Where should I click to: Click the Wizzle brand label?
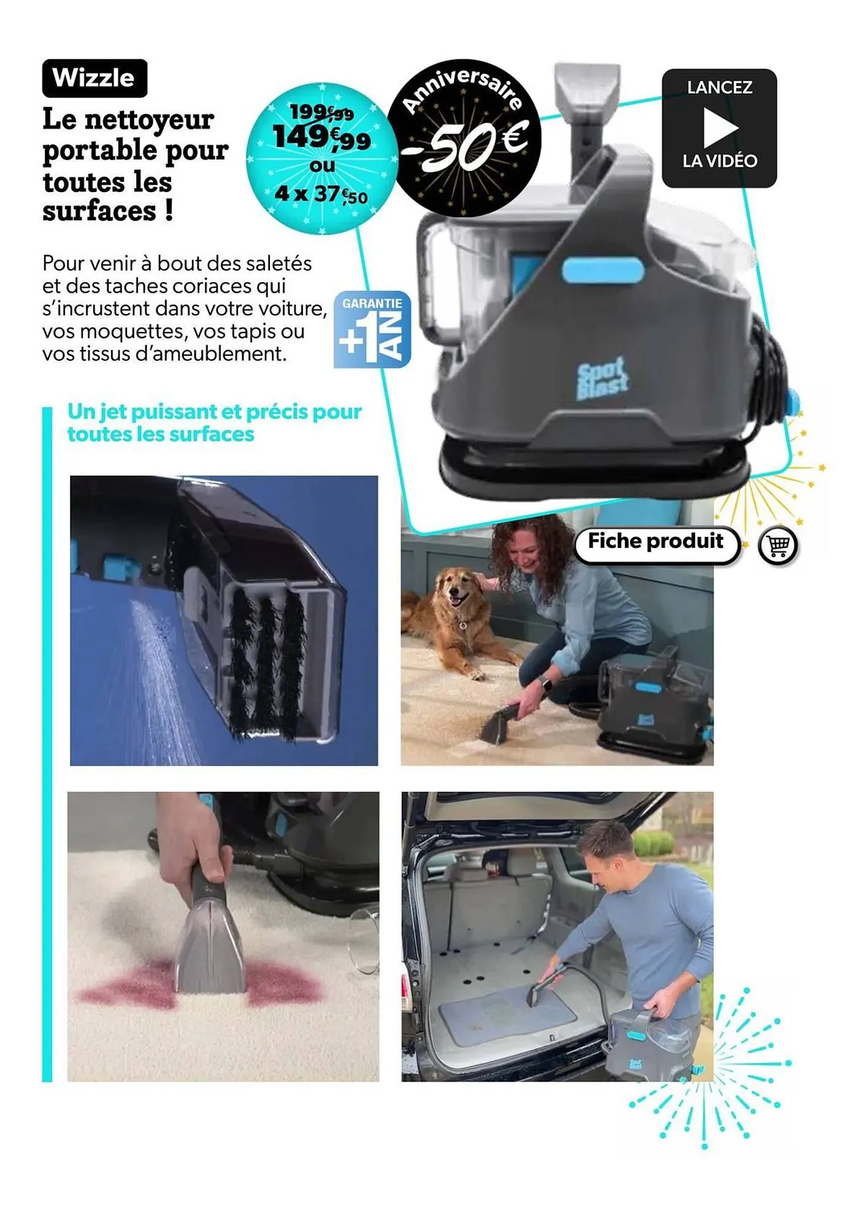point(94,78)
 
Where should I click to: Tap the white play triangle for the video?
point(719,128)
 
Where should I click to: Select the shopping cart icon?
point(778,545)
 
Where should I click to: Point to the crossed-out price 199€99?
point(321,113)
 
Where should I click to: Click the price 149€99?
point(321,137)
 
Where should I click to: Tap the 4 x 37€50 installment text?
point(321,194)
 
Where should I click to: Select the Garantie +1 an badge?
point(372,330)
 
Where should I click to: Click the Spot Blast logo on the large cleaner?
point(602,379)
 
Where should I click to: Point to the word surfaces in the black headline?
point(99,212)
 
